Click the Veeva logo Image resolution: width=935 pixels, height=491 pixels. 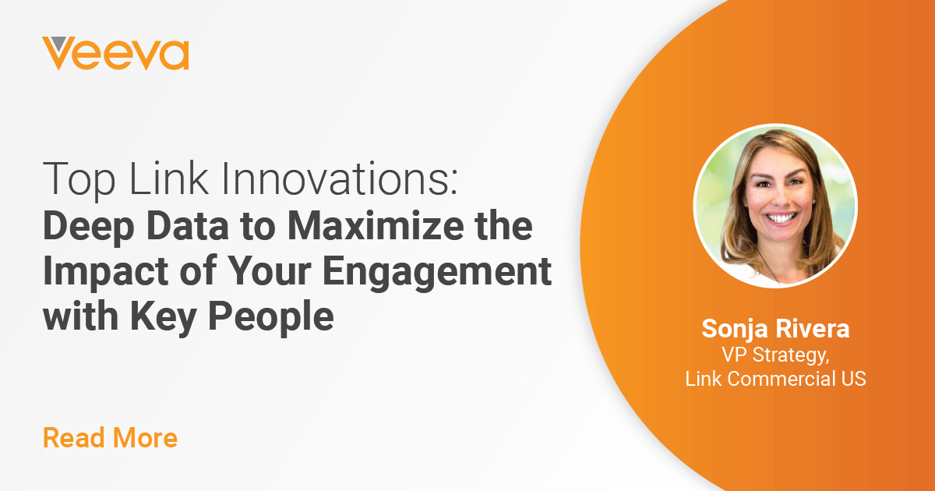point(115,54)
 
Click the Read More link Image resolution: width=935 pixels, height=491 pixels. point(110,437)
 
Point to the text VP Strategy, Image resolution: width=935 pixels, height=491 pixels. point(775,355)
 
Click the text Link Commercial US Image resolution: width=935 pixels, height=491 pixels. point(775,379)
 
